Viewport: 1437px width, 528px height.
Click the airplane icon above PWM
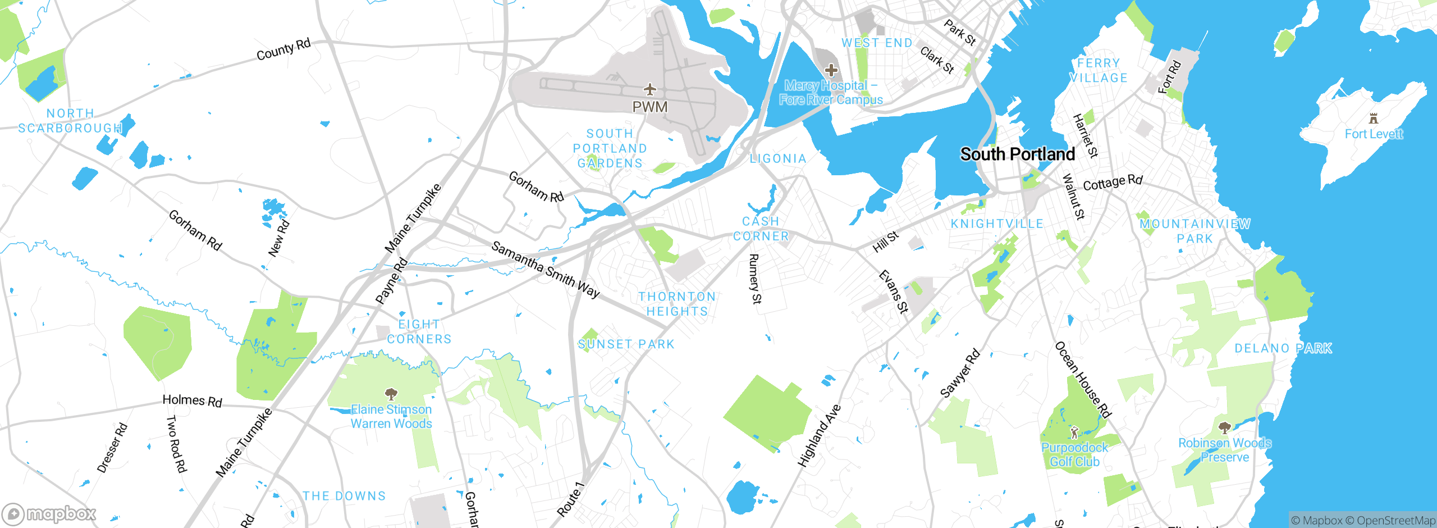[650, 89]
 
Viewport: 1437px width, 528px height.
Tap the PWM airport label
[650, 107]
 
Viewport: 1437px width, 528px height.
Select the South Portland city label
[1017, 154]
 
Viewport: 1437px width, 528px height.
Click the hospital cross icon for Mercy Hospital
[831, 70]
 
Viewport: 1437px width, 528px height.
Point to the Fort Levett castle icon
[1373, 119]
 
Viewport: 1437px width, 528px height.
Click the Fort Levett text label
[1373, 134]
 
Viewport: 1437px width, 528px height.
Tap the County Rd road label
[283, 49]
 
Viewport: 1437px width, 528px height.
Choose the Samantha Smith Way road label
[545, 269]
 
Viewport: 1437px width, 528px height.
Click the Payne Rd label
[391, 281]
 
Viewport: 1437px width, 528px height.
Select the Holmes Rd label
[192, 400]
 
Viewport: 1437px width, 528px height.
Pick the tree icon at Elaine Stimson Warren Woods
[391, 393]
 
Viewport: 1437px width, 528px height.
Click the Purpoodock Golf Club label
[1074, 454]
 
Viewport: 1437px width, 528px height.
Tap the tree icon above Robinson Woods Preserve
[1224, 428]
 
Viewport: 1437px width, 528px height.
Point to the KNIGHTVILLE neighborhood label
[997, 224]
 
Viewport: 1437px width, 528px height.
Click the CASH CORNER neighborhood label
[761, 229]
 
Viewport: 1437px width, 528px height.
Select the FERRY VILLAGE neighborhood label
[1099, 70]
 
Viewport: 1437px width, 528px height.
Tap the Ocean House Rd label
[1083, 380]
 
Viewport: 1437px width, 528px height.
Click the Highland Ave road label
[820, 435]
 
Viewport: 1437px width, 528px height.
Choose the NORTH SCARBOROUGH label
[70, 121]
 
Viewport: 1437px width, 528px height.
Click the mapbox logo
[49, 513]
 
